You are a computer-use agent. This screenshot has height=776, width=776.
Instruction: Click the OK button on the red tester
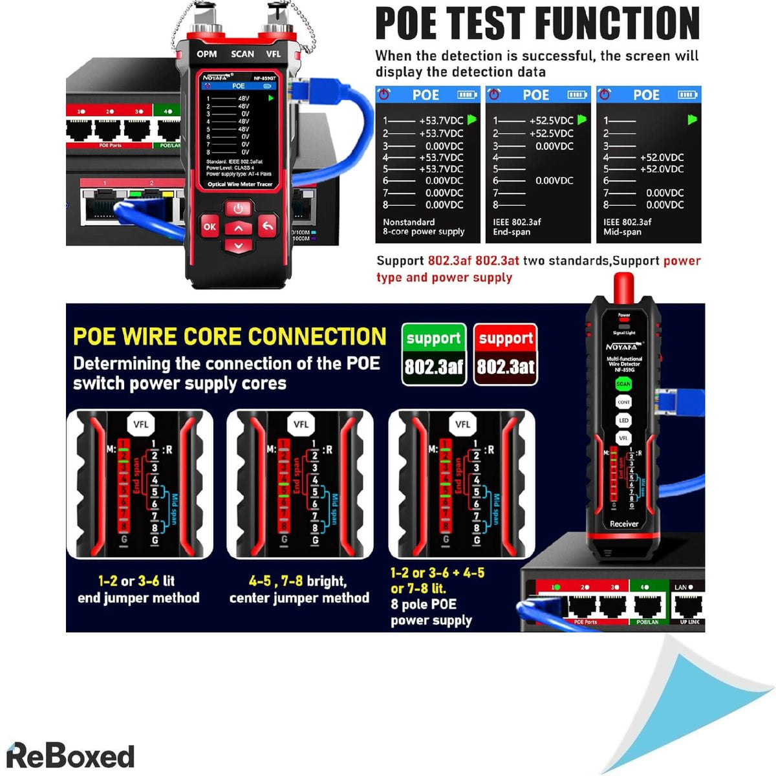[210, 227]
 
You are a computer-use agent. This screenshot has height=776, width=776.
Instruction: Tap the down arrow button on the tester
[239, 246]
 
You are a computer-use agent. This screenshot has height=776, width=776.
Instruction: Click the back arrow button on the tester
[267, 226]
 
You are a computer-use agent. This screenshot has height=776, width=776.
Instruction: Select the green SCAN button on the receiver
[623, 384]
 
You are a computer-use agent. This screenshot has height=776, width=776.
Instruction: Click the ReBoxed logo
[70, 756]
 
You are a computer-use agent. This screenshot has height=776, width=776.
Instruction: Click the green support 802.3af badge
[434, 354]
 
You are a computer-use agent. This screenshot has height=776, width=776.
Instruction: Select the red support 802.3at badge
[506, 354]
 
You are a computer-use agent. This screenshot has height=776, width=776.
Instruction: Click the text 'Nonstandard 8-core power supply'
[424, 227]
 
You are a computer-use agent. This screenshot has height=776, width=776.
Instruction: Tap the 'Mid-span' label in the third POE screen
[622, 232]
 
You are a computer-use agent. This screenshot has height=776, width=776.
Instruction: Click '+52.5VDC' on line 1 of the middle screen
[551, 121]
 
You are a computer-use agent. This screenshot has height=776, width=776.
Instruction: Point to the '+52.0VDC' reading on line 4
[662, 157]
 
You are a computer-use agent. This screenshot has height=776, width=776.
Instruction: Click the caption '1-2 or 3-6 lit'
[136, 581]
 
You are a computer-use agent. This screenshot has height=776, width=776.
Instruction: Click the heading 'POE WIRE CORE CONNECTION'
[230, 337]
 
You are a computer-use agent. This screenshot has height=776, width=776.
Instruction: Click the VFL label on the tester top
[274, 54]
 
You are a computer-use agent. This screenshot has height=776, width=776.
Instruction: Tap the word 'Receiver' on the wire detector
[624, 524]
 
